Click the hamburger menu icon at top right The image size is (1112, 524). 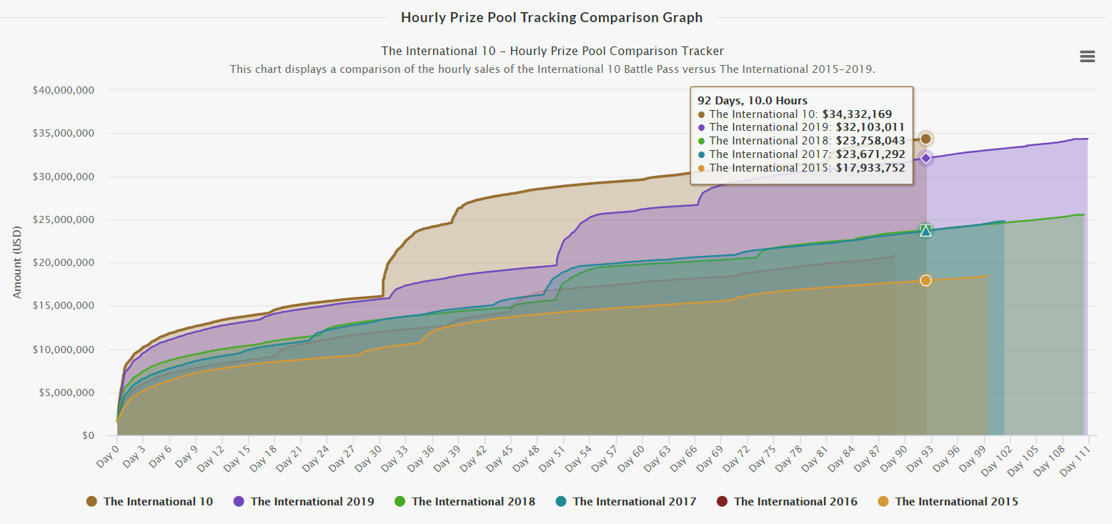tap(1087, 56)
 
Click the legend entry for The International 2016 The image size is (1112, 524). tap(788, 501)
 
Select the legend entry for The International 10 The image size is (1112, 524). tap(150, 501)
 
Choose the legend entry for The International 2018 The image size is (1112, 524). tap(465, 501)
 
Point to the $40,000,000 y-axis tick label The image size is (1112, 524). tap(64, 90)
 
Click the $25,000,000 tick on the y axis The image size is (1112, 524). tap(64, 219)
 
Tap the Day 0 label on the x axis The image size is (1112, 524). tap(107, 452)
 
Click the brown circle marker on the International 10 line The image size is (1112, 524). tap(925, 139)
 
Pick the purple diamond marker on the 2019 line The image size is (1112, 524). tap(925, 158)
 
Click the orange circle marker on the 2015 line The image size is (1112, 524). tap(925, 280)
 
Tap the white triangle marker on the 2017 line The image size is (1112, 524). tap(925, 230)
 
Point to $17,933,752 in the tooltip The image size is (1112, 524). tap(870, 168)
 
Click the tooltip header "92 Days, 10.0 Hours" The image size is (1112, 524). tap(753, 101)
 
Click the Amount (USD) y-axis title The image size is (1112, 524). tap(17, 262)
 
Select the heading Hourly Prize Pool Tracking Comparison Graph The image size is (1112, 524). tap(552, 17)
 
